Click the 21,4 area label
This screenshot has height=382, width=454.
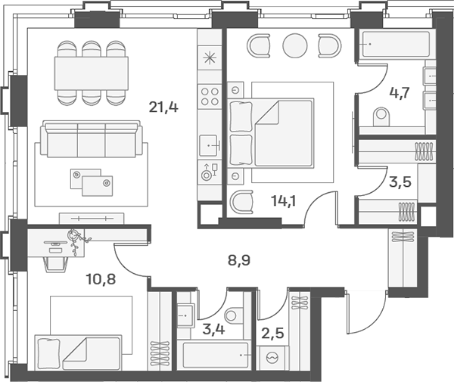click(x=163, y=107)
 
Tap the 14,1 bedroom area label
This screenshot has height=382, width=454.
click(x=283, y=200)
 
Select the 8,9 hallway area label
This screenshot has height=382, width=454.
click(x=240, y=262)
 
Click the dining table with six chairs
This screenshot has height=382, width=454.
click(x=90, y=73)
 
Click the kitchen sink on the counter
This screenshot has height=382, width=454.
click(x=210, y=143)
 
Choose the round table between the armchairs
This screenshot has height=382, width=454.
click(x=295, y=45)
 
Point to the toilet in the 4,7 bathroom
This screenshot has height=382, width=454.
click(x=381, y=116)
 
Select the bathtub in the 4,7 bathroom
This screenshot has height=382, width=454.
click(x=392, y=45)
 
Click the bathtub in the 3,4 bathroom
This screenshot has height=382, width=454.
click(x=216, y=354)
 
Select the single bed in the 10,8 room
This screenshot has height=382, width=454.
click(x=77, y=353)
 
